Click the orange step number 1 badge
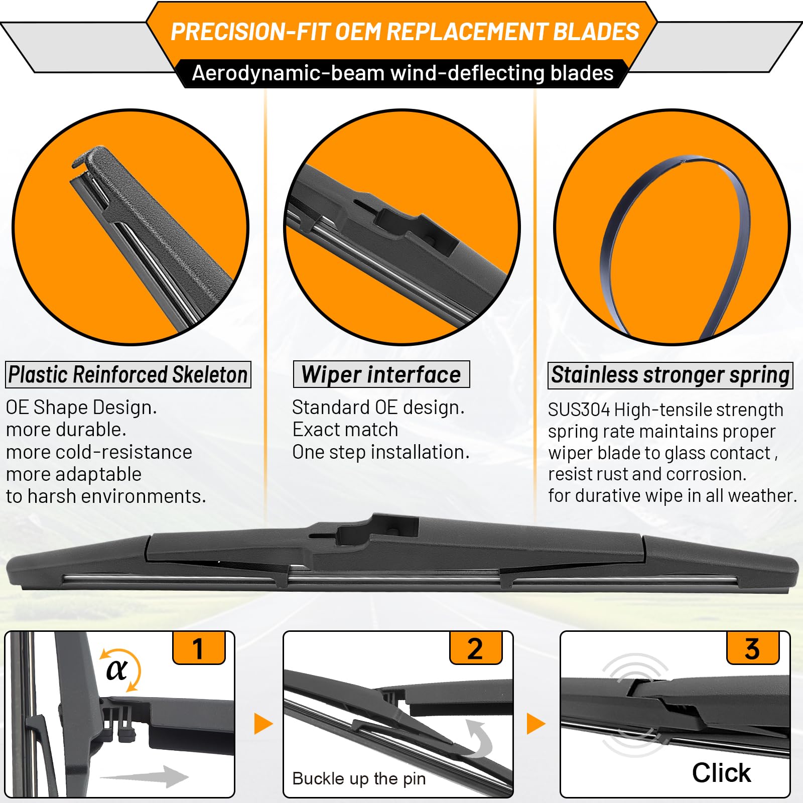(199, 648)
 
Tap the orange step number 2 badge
(476, 648)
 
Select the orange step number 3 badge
(753, 648)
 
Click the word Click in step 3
(721, 772)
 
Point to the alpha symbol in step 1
(117, 670)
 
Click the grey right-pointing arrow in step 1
(145, 776)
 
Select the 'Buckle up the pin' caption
(359, 778)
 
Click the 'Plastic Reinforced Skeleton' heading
(128, 374)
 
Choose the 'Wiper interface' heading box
(381, 374)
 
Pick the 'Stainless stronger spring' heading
(671, 375)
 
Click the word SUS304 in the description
(579, 410)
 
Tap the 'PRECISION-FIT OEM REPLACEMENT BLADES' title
(405, 32)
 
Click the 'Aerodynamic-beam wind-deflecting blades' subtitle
(403, 73)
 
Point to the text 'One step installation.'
(381, 452)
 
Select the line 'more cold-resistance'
(99, 452)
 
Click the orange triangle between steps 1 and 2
(263, 724)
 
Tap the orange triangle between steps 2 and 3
(536, 724)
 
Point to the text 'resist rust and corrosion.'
(647, 474)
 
